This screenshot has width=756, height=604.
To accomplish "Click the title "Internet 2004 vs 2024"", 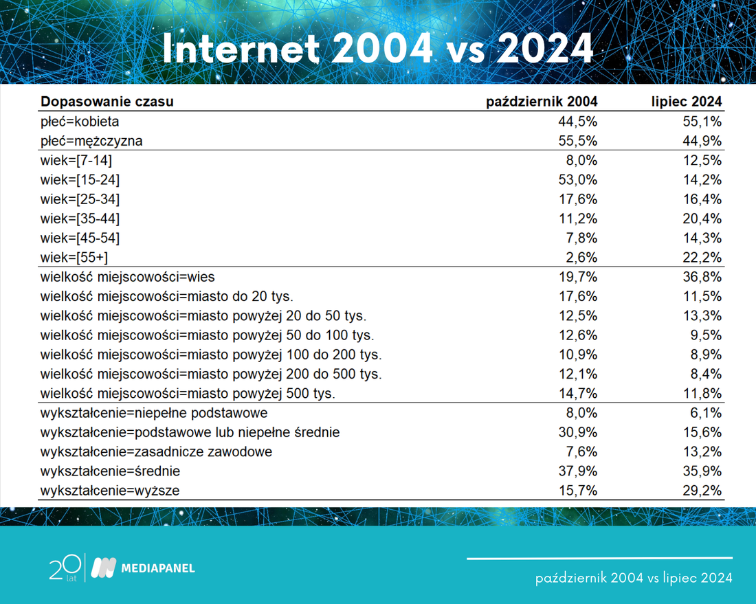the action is [377, 48].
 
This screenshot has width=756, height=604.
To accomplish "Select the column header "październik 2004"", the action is [542, 102].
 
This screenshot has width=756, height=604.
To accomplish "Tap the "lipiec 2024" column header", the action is [687, 102].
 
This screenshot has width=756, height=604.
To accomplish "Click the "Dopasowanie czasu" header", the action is [107, 102].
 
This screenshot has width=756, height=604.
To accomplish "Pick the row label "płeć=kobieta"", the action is [80, 122].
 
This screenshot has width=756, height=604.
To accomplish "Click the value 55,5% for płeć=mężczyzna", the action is [577, 141].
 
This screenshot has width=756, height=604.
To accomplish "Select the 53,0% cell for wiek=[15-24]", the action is [577, 180].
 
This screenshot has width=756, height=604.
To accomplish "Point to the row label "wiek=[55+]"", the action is [74, 258].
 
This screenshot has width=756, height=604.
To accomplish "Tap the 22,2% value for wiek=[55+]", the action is [702, 258].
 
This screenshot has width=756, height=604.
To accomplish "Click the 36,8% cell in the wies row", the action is [702, 277].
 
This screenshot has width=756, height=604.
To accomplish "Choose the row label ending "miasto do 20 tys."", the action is [167, 296].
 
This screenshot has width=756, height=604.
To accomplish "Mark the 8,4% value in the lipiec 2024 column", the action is [706, 374].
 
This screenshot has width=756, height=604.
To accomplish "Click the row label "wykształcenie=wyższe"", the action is [110, 491].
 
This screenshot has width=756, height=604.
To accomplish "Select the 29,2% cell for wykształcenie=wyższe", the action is [702, 491].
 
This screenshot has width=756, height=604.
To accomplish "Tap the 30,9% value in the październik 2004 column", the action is [577, 432].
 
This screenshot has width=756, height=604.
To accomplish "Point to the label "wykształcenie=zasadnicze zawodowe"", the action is [156, 451].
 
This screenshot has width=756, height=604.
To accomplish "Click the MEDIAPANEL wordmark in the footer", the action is [158, 568].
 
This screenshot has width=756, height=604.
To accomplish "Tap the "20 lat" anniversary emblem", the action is [65, 568].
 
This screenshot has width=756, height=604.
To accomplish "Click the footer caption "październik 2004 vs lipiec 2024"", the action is [634, 577].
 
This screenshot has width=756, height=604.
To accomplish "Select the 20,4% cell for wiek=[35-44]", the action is [702, 219].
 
